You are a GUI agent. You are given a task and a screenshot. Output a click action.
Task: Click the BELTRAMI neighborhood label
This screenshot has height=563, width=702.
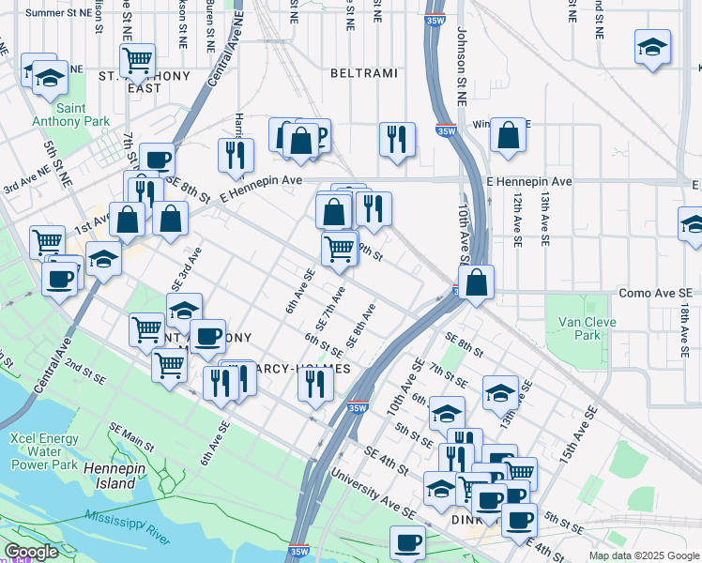coord(364,73)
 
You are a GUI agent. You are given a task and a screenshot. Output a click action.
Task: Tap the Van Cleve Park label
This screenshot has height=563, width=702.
coord(579,328)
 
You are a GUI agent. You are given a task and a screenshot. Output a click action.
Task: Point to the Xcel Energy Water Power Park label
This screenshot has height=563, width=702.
coord(44,450)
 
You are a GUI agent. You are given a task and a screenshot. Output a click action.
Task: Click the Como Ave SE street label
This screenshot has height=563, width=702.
coord(649,294)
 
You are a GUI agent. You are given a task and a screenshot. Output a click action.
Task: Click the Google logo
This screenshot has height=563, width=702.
coord(32,553)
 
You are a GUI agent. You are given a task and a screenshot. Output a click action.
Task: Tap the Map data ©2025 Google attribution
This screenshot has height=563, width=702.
coord(644,555)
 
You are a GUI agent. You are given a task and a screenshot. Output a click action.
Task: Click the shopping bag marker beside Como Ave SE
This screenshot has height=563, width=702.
coord(476,281)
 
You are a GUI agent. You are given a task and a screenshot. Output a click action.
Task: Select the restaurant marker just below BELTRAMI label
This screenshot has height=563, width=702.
coord(397,138)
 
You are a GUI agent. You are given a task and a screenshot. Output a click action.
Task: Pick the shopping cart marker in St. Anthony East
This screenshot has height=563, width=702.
coord(137,61)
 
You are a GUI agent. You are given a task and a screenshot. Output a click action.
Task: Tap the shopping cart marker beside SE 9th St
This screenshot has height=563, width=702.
coord(339,249)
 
